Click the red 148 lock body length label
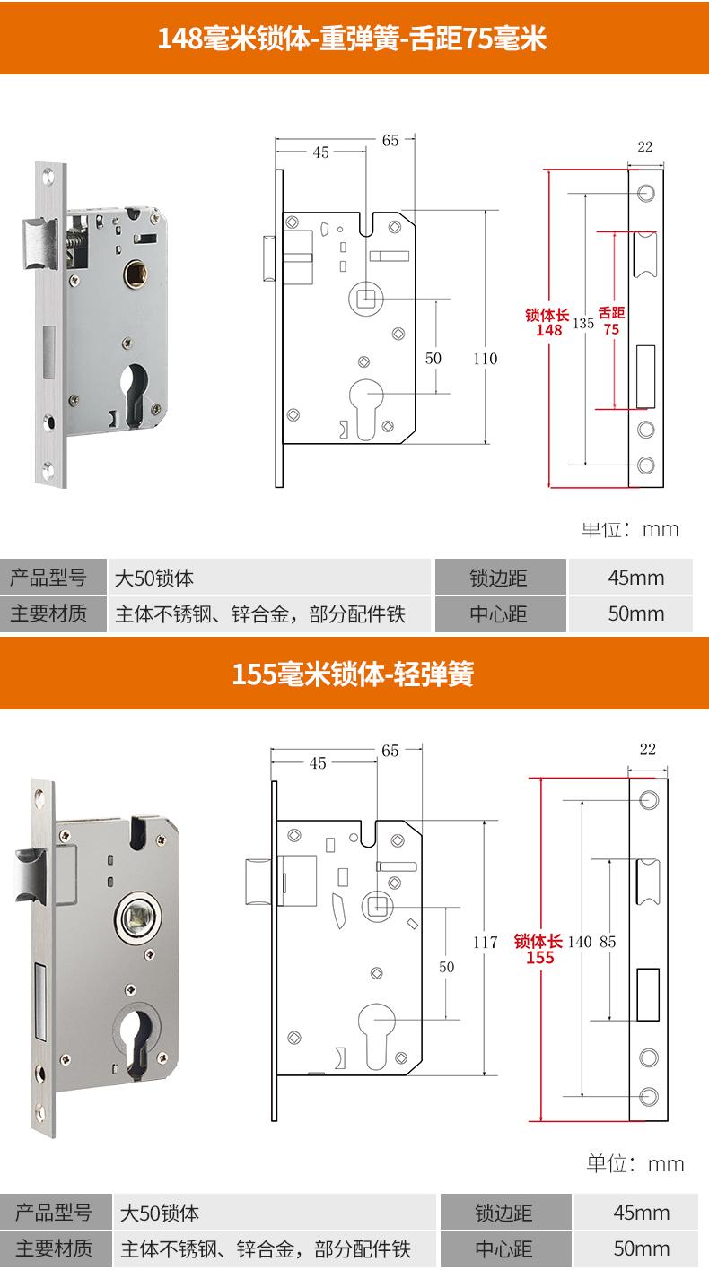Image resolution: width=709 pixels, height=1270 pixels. [547, 322]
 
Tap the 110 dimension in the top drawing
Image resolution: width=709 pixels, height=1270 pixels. [485, 359]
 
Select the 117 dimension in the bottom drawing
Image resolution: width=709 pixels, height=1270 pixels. [485, 943]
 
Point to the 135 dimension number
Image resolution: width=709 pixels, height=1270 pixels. [583, 324]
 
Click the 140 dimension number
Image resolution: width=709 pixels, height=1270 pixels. [581, 942]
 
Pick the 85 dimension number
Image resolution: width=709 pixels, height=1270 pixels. [608, 942]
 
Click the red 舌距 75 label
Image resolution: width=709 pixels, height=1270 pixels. [611, 321]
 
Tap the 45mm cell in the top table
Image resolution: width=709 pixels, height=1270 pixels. [635, 577]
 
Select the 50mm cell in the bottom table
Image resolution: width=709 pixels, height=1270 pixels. [641, 1248]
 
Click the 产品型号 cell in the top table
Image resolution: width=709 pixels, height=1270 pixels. [48, 577]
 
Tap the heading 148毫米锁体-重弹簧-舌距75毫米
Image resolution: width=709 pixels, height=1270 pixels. [353, 39]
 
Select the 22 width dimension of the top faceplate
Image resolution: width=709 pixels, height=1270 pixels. [645, 147]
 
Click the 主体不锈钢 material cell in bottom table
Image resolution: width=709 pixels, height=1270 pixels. [266, 1248]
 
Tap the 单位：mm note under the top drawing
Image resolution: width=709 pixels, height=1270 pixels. [630, 529]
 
